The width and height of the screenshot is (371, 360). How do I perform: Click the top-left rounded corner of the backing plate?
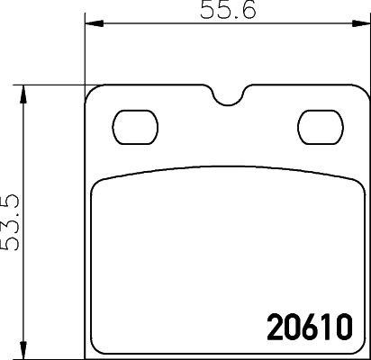[91, 94]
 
